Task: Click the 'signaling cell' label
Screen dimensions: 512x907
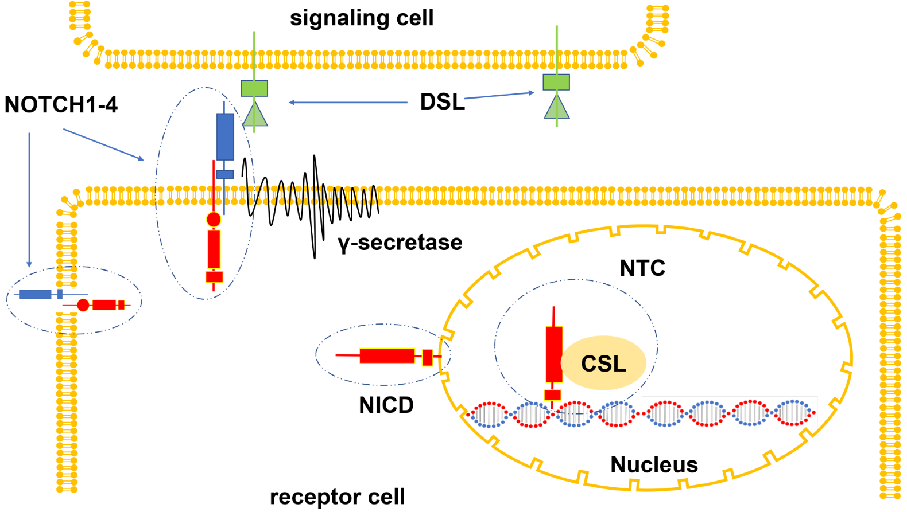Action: [362, 18]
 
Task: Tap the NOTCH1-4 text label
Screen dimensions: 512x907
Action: [61, 105]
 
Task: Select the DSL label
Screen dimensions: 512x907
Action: [442, 102]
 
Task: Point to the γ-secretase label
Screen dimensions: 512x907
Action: [400, 243]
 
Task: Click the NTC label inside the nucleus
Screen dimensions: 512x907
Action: [642, 268]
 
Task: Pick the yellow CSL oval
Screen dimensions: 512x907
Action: [604, 363]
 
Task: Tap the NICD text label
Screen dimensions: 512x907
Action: [386, 405]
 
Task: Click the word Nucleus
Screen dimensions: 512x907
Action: [654, 464]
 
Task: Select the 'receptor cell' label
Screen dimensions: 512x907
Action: [338, 497]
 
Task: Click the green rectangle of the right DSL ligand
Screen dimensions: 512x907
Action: [556, 83]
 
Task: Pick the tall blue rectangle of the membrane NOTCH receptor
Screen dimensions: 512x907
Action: [225, 136]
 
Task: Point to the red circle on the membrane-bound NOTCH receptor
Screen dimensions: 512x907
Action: [214, 219]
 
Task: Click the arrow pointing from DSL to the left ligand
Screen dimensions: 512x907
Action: [348, 103]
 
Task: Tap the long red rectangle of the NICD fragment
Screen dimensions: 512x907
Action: [387, 356]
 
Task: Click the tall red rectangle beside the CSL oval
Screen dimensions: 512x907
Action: [554, 354]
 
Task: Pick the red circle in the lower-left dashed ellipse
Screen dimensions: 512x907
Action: [83, 305]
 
